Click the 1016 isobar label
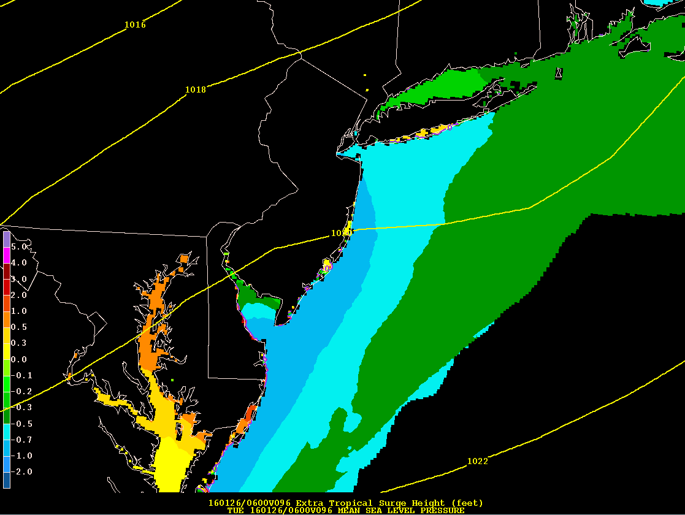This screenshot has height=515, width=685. point(135,25)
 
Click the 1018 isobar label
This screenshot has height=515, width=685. point(196,90)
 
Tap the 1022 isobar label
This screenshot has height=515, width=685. point(478,461)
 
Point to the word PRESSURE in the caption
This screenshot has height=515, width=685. point(442,510)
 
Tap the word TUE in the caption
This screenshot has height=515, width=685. point(235,510)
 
